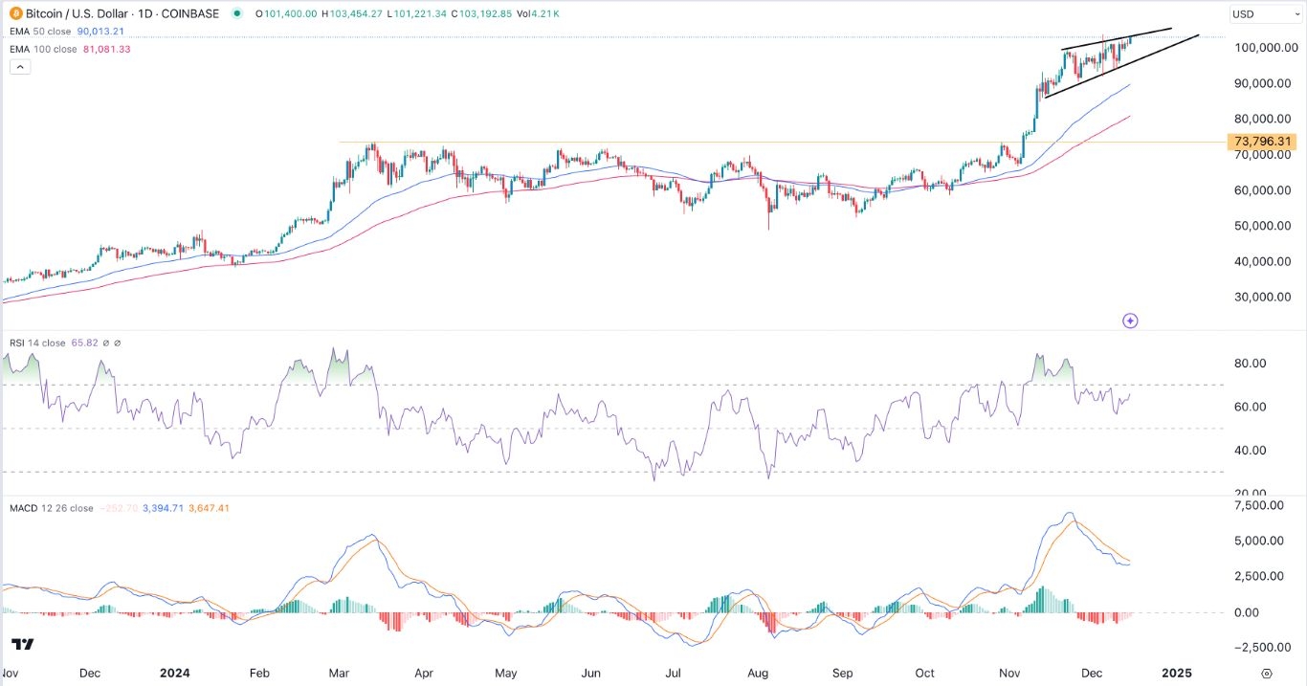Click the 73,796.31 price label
coord(1263,142)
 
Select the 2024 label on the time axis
coord(175,673)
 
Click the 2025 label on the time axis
coord(1176,673)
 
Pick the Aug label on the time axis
coord(758,673)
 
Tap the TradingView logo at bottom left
coord(23,644)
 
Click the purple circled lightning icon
coord(1130,321)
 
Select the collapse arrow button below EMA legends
coord(18,67)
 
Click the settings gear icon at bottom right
coord(1266,674)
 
